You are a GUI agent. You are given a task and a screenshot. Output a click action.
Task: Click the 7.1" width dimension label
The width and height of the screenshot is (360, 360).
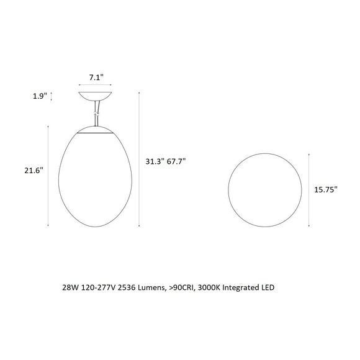96,78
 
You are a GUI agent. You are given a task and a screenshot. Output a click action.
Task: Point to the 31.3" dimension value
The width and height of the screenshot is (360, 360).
155,161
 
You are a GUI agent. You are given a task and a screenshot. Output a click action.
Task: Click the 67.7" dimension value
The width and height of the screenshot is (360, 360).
176,161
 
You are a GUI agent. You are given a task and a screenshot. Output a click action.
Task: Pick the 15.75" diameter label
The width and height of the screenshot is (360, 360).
325,191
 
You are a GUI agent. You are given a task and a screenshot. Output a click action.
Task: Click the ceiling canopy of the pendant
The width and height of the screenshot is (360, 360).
96,97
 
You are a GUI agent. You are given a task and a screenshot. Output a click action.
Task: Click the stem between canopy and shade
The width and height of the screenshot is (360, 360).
96,114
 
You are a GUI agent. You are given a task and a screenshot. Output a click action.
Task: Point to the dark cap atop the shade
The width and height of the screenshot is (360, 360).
95,130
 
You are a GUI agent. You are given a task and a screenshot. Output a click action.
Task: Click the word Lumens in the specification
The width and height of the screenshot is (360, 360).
153,289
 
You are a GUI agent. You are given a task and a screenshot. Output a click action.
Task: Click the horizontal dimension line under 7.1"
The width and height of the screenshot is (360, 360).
96,86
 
